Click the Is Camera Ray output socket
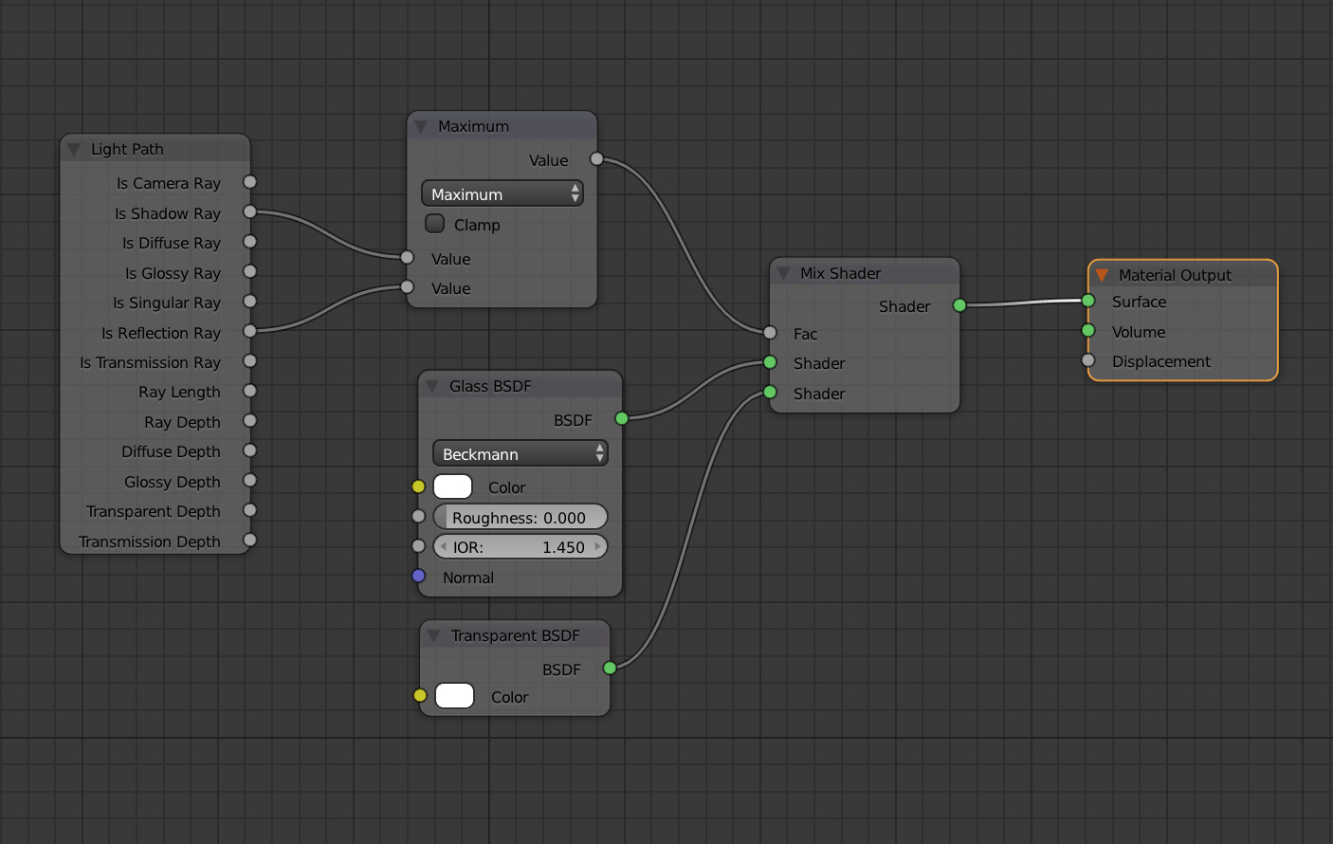coord(250,182)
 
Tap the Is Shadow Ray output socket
coord(250,211)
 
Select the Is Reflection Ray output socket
coord(250,331)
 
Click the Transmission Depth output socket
coord(250,540)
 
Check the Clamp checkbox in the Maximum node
coord(434,224)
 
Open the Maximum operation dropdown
coord(502,194)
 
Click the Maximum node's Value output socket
coord(596,159)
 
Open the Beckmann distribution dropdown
coord(520,453)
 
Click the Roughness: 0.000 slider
coord(520,517)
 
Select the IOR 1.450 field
coord(520,546)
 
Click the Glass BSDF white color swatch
coord(453,486)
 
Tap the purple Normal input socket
coord(418,577)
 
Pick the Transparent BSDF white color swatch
coord(454,696)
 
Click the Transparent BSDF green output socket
coord(610,668)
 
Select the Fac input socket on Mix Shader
coord(770,333)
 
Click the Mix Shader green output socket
coord(959,305)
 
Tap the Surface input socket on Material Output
coord(1087,301)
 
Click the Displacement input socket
coord(1087,360)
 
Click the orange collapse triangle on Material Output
coord(1102,275)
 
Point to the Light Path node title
coord(127,150)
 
